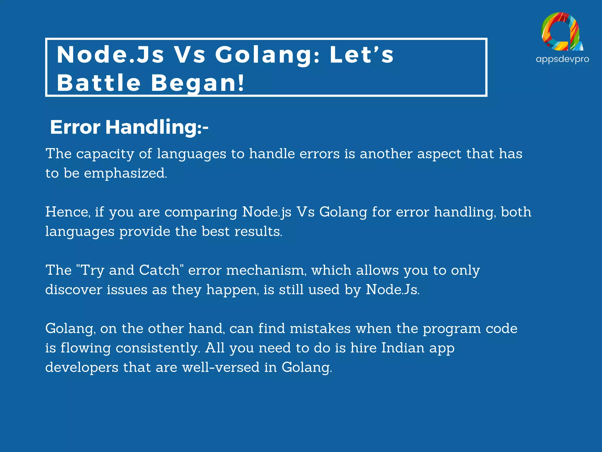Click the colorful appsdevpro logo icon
(562, 32)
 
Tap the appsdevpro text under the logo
(562, 59)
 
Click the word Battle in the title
(99, 83)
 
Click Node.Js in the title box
(110, 55)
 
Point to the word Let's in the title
(362, 55)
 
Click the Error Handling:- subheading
(129, 127)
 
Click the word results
(258, 232)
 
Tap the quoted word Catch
(159, 270)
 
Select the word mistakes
(320, 329)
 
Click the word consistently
(158, 348)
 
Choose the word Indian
(403, 348)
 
